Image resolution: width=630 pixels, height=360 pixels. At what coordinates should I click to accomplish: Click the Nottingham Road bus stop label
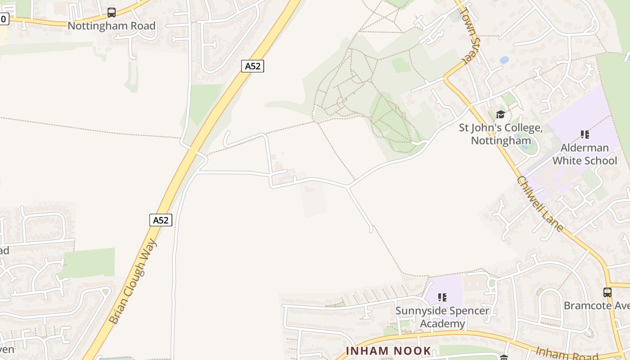(x=112, y=26)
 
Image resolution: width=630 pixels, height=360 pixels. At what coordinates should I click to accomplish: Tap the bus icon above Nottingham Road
(x=112, y=13)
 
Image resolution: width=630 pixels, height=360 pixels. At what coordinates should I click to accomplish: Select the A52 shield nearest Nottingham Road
(x=252, y=66)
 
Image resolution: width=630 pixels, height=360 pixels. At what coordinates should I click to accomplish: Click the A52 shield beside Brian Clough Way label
(x=161, y=220)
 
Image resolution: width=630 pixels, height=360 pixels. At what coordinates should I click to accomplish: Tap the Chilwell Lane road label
(x=540, y=203)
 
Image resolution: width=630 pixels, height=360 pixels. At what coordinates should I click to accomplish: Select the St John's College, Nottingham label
(x=500, y=134)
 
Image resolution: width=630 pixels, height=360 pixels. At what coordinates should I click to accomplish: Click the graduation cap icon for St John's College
(x=500, y=114)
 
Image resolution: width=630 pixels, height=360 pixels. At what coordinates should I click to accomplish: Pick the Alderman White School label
(x=585, y=154)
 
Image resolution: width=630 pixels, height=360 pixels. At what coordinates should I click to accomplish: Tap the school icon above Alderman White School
(x=585, y=134)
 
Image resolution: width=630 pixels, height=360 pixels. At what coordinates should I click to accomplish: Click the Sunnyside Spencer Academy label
(x=442, y=317)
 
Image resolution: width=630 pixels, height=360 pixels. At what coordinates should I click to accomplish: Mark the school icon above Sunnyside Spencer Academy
(x=442, y=297)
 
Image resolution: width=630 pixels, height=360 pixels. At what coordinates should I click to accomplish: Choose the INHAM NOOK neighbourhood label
(x=388, y=351)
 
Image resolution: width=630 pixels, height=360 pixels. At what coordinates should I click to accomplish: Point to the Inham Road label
(x=567, y=353)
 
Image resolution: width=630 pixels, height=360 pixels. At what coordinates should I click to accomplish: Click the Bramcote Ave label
(x=597, y=306)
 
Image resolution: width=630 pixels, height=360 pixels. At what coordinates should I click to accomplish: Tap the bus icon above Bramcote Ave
(x=607, y=292)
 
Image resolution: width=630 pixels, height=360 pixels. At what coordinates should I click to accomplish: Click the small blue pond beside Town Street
(x=504, y=60)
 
